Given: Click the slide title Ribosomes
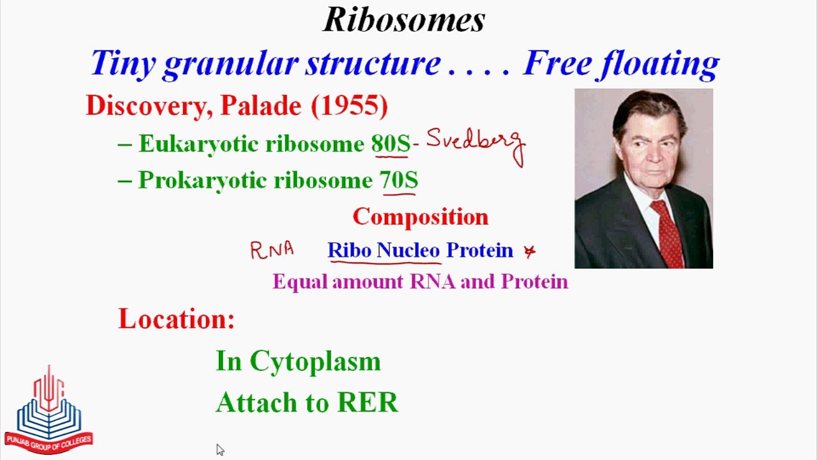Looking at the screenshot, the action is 404,19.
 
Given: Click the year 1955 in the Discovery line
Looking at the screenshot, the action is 349,106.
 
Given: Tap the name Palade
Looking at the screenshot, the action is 261,106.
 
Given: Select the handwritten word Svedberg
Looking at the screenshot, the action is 476,145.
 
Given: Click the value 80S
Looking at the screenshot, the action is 391,144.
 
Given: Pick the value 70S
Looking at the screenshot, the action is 399,180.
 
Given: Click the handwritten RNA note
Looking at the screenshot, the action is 272,250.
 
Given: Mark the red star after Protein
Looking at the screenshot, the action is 530,251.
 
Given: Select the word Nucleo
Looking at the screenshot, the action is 408,250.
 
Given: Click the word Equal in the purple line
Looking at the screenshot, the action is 300,282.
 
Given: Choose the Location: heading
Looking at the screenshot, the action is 176,319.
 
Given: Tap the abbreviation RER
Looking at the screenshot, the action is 367,402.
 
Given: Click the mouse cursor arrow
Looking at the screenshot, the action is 220,450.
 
